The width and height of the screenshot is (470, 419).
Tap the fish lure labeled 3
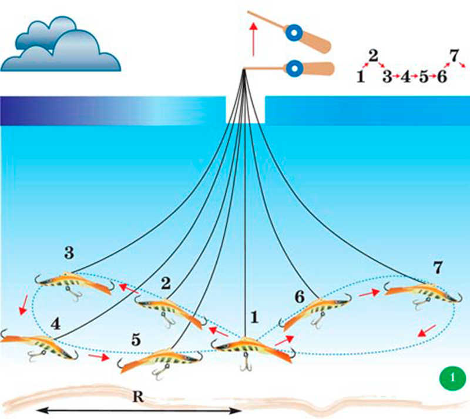point(73,281)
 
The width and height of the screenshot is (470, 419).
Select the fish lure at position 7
point(420,290)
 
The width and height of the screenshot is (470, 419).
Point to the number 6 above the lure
point(299,297)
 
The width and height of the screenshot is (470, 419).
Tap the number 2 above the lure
point(166,283)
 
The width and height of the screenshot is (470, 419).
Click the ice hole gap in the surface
point(246,111)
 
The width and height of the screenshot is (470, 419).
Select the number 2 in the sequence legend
point(373,56)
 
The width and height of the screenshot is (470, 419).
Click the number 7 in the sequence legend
point(454,56)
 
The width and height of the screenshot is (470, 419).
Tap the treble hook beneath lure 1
point(244,364)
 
